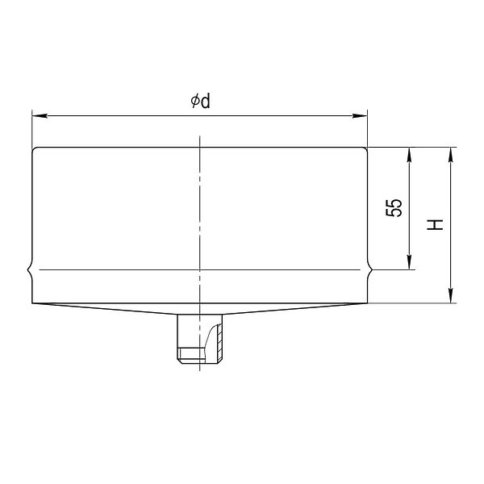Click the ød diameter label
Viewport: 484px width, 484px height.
pos(200,102)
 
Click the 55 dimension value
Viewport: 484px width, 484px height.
pos(394,207)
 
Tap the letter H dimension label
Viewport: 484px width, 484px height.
pos(435,225)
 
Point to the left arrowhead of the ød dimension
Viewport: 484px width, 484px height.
pos(40,115)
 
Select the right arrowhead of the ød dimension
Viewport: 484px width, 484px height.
pos(361,115)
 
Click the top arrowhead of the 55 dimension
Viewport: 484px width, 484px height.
pos(409,155)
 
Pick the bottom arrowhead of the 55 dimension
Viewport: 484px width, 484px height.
pos(409,262)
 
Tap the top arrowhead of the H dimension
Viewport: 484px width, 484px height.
pos(451,155)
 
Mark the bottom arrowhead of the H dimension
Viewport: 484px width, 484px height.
pos(451,296)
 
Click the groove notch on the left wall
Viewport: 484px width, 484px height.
pos(29,269)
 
